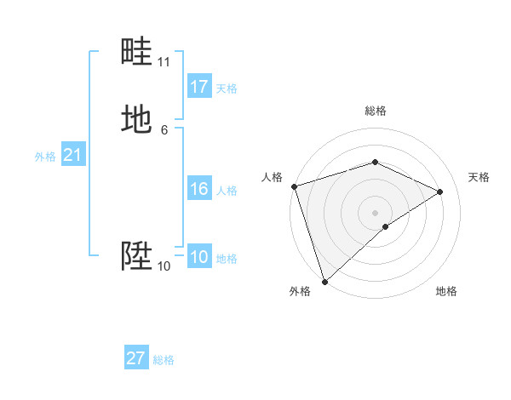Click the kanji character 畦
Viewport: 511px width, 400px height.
[x=137, y=53]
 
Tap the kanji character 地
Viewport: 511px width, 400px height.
[x=137, y=119]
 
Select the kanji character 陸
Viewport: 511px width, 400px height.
[x=137, y=255]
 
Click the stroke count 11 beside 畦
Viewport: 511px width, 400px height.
[x=164, y=62]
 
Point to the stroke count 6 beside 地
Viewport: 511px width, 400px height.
[x=164, y=129]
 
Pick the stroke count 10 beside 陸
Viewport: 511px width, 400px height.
[x=164, y=266]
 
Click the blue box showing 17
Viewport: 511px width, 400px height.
[x=199, y=87]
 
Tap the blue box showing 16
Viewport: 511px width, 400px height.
[x=199, y=189]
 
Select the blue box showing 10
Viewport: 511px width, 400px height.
[x=199, y=257]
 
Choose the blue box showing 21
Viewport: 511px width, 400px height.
[x=72, y=155]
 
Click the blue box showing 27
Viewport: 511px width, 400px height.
[x=136, y=358]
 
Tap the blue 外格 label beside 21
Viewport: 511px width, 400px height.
[x=45, y=157]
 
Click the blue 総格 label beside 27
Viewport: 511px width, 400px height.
[x=164, y=360]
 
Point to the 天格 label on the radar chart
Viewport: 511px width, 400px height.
[x=479, y=177]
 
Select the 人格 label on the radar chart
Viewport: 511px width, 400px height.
[x=273, y=177]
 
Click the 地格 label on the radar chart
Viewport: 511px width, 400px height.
[x=446, y=291]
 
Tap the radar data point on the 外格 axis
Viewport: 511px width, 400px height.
[x=324, y=281]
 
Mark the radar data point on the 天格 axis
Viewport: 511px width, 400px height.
[x=440, y=191]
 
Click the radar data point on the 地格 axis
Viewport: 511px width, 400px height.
[x=386, y=226]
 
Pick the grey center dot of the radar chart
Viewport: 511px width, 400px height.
[x=375, y=212]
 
